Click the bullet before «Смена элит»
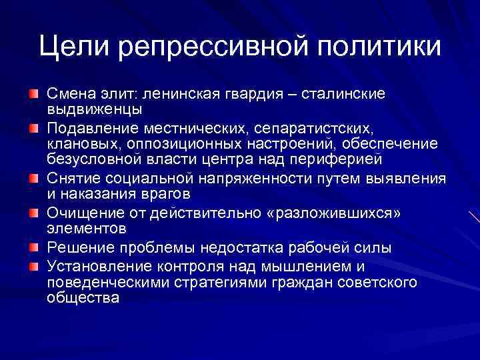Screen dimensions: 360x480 (x=33, y=91)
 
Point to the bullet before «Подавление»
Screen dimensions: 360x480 (x=33, y=126)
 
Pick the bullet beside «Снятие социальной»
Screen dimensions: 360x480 (x=33, y=179)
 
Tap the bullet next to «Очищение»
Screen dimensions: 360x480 (x=33, y=213)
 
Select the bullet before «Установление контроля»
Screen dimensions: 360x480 (x=33, y=266)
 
